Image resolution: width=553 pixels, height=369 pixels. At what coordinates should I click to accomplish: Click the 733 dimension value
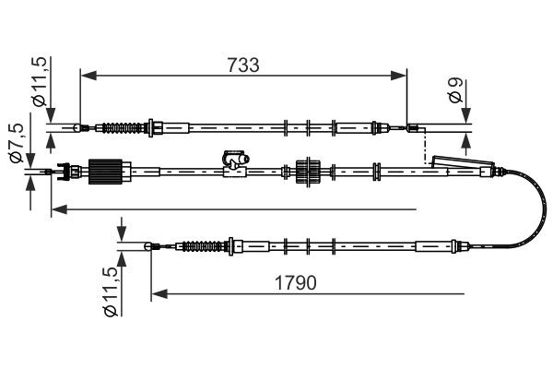[x=243, y=65]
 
